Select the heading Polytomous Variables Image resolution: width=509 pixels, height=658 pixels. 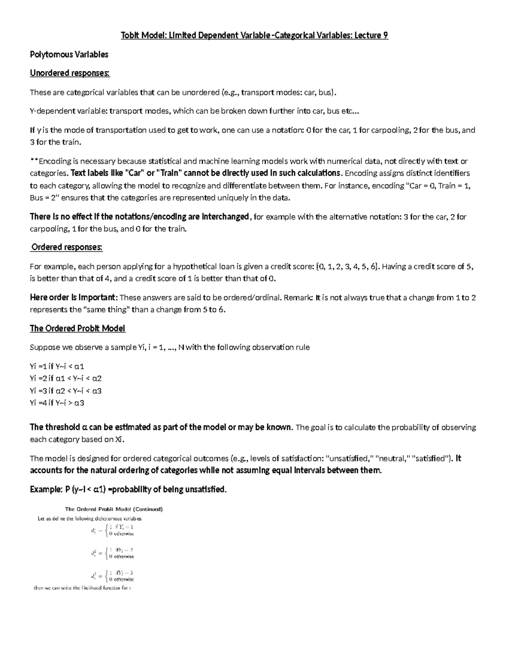69,54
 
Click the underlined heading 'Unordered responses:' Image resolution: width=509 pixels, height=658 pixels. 70,73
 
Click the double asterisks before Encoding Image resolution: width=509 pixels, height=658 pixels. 34,161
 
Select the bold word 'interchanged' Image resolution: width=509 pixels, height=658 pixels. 226,217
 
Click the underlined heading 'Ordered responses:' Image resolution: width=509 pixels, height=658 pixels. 67,247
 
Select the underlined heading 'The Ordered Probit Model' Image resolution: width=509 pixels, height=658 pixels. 77,329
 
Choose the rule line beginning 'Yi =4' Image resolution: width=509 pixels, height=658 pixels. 57,403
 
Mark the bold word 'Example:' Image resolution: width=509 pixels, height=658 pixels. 46,490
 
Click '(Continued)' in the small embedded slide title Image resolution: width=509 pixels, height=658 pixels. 148,509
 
